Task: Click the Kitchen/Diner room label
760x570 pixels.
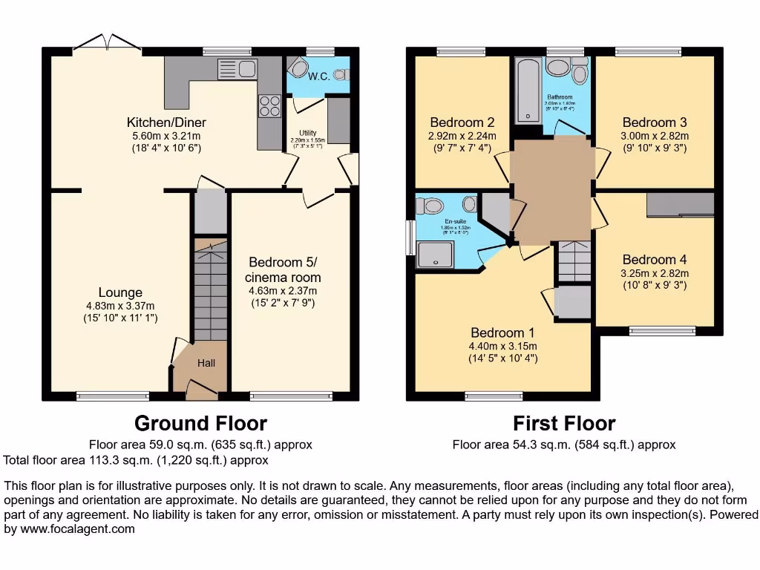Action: [x=166, y=122]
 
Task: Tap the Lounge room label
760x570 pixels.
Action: [x=119, y=292]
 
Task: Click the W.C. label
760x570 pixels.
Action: [x=319, y=76]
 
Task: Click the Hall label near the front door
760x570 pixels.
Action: [x=206, y=363]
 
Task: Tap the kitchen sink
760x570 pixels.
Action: [x=237, y=69]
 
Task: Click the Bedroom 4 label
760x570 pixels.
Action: [x=654, y=260]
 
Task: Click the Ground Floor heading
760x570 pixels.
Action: [x=200, y=424]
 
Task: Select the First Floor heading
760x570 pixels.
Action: [x=564, y=424]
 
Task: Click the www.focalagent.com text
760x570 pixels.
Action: [x=71, y=529]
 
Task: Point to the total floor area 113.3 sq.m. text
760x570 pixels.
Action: [x=136, y=460]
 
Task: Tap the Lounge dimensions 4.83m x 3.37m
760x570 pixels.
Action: [x=119, y=306]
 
